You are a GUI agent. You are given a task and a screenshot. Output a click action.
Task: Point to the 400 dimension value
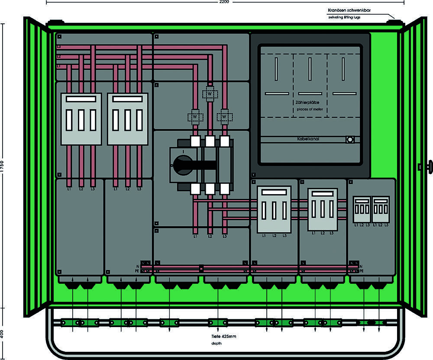click(3, 334)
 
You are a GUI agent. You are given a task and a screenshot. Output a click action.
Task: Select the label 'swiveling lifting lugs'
click(344, 17)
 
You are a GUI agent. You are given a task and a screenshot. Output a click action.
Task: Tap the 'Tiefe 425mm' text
click(224, 336)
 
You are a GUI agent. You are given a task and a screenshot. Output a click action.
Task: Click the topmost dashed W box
click(210, 94)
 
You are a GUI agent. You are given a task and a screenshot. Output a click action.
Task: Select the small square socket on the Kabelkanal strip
click(350, 139)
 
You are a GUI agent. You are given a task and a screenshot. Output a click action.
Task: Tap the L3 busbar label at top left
click(58, 46)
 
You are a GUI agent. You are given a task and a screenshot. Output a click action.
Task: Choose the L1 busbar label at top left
click(58, 66)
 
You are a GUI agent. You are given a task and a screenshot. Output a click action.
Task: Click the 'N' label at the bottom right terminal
click(361, 266)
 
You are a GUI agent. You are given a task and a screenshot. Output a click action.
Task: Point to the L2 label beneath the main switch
click(210, 237)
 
